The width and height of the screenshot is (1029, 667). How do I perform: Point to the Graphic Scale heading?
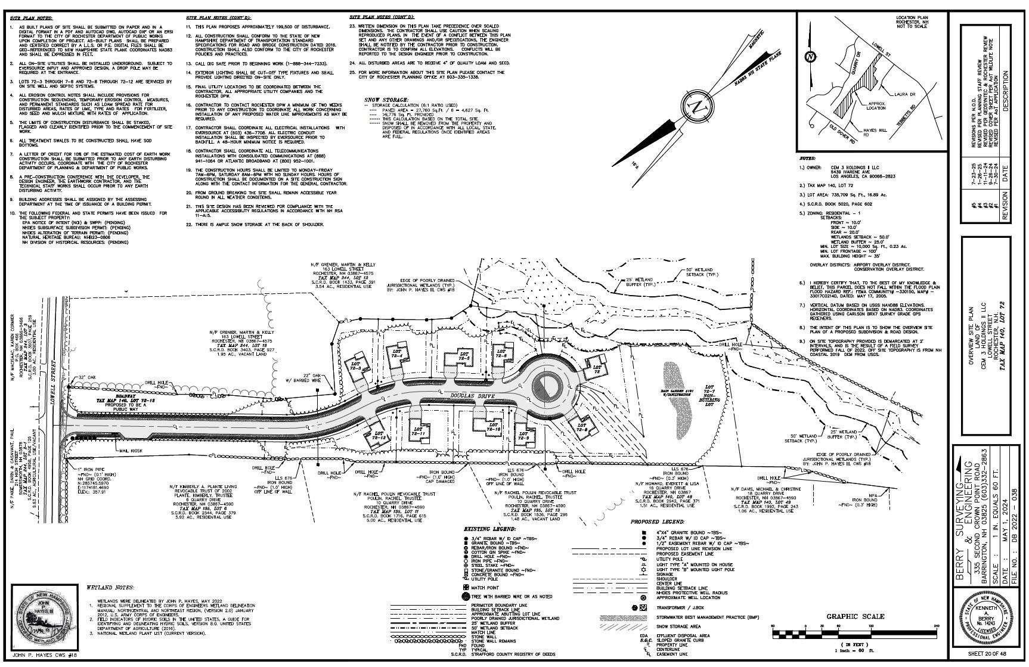point(855,616)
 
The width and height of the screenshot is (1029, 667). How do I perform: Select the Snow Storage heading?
point(386,100)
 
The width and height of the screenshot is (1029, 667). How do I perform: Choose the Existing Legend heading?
point(490,529)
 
